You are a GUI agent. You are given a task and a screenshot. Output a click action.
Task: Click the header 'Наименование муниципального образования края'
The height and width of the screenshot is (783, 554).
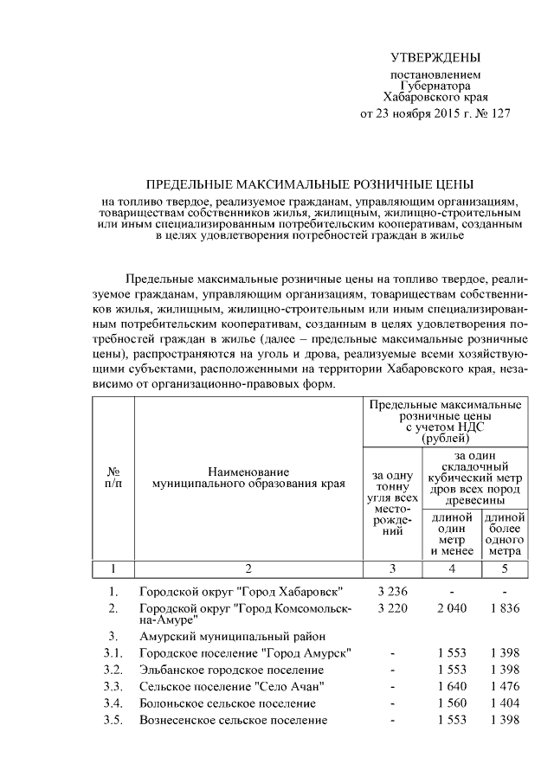(248, 477)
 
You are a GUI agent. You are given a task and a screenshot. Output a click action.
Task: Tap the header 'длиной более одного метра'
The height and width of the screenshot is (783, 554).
(504, 534)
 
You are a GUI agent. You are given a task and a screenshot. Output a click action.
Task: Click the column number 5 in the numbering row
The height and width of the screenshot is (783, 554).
(504, 568)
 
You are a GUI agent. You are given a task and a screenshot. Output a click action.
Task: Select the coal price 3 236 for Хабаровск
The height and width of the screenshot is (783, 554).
(392, 592)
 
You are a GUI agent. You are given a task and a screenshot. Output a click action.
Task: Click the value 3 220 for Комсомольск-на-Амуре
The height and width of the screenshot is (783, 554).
(392, 608)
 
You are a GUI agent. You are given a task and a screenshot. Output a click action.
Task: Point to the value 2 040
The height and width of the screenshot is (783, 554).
(452, 608)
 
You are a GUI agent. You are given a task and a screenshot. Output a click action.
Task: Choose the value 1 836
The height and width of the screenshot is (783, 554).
(504, 608)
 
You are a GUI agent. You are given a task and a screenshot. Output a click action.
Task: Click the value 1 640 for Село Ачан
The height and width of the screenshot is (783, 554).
(452, 687)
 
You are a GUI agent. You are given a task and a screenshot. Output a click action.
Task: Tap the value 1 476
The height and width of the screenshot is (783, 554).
(504, 687)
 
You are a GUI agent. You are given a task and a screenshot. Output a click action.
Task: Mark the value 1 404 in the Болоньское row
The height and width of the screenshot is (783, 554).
(504, 703)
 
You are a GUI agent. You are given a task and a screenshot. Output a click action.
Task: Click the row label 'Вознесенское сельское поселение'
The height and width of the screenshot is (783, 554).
(233, 721)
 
